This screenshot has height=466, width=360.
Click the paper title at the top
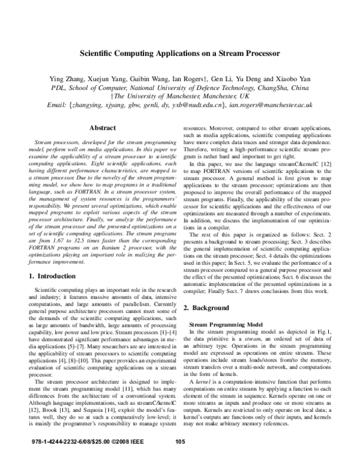(180, 53)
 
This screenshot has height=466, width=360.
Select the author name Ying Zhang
(85, 79)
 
